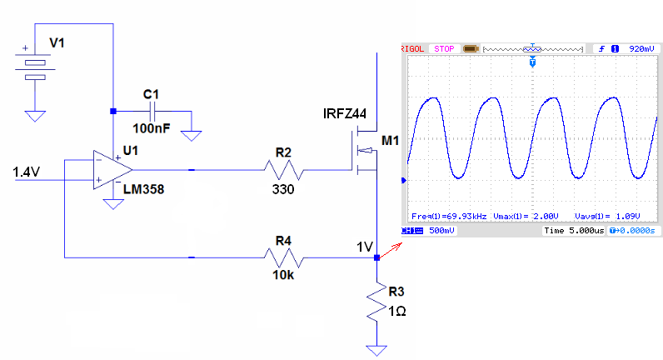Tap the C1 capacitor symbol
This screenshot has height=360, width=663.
click(153, 112)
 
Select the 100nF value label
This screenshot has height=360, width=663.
click(152, 128)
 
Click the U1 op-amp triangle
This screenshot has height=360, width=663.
click(112, 170)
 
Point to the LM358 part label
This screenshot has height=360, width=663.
click(143, 189)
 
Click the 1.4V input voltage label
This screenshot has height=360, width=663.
click(26, 172)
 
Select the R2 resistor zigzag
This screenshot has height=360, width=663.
click(283, 170)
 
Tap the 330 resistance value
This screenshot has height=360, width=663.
click(283, 189)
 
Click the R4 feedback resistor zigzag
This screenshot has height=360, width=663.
click(283, 257)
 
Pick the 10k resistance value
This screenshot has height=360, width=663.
click(283, 275)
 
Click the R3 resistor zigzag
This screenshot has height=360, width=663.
click(376, 301)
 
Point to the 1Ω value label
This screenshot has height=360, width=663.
click(397, 312)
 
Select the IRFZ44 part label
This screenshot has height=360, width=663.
click(345, 113)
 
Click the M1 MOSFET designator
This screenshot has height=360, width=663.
click(391, 141)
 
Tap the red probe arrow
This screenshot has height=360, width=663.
click(391, 250)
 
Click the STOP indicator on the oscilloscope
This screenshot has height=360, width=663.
click(444, 48)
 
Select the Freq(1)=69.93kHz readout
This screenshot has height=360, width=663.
click(449, 216)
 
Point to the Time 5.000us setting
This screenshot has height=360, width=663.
click(574, 231)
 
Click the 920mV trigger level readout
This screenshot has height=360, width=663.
click(641, 48)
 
